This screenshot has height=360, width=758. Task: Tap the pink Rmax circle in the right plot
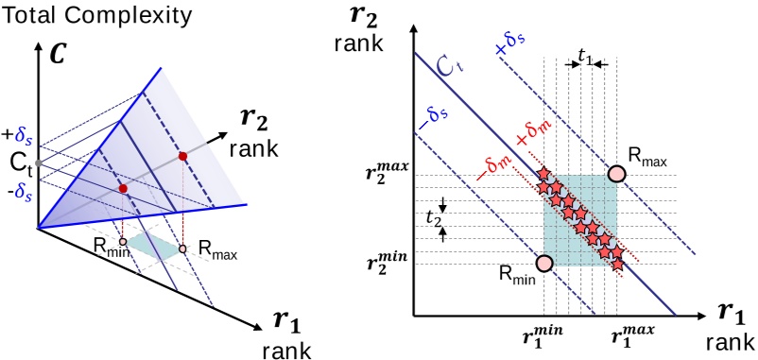616,174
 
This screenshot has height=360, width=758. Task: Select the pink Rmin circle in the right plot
543,264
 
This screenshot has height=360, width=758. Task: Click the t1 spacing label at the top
585,59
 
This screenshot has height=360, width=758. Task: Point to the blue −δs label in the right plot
436,122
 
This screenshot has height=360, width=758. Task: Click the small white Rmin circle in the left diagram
123,241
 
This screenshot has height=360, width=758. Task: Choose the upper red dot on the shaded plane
182,154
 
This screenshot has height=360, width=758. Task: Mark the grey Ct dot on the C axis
37,164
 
